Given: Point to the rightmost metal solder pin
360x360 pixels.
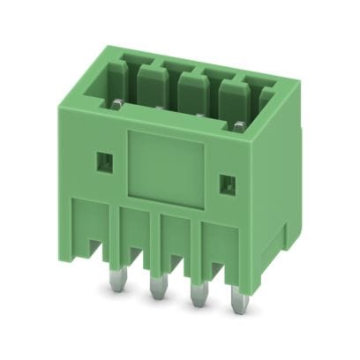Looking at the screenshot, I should coord(236,300).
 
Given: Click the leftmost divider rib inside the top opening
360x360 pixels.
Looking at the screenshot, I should coord(149,84).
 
